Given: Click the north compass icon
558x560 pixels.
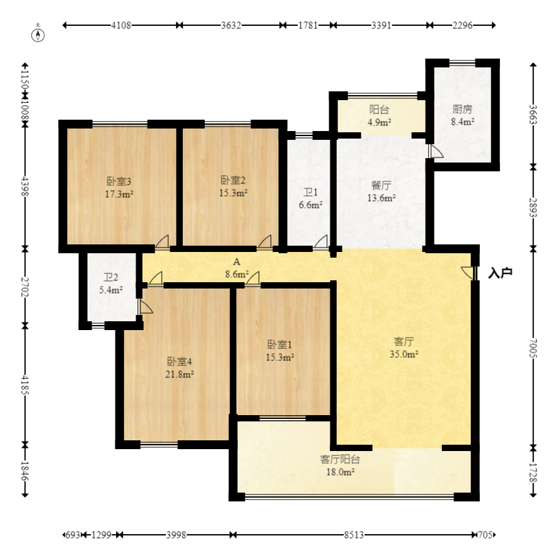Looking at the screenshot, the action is pyautogui.click(x=38, y=35).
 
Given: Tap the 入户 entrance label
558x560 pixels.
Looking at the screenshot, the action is pyautogui.click(x=500, y=273).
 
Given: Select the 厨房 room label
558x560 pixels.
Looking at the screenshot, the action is pyautogui.click(x=462, y=109).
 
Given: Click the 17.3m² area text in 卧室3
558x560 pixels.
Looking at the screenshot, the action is pyautogui.click(x=119, y=194).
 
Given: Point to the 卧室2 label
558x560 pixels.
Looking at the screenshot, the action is pyautogui.click(x=233, y=180).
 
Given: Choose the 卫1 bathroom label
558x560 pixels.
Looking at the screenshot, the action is pyautogui.click(x=310, y=193).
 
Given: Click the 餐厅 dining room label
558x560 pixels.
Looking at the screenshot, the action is pyautogui.click(x=381, y=185).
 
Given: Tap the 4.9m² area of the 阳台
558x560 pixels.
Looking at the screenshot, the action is pyautogui.click(x=380, y=122).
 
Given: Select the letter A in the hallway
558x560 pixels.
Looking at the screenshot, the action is pyautogui.click(x=236, y=262).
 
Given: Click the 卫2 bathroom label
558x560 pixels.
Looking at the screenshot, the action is pyautogui.click(x=111, y=278).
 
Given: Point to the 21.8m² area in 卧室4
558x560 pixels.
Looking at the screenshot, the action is pyautogui.click(x=180, y=374).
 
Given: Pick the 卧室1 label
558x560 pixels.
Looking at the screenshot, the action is pyautogui.click(x=279, y=345).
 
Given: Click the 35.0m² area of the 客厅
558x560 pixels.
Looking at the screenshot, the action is pyautogui.click(x=404, y=354).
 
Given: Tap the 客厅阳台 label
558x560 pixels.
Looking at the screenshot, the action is pyautogui.click(x=340, y=459).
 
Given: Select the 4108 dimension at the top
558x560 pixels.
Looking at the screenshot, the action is pyautogui.click(x=121, y=25).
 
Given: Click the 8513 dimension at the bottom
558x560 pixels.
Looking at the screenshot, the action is pyautogui.click(x=354, y=535).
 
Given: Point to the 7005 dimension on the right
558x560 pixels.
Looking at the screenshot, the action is pyautogui.click(x=533, y=348).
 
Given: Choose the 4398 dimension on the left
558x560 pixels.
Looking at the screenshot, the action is pyautogui.click(x=25, y=186).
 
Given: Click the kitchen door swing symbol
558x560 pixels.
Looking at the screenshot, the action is pyautogui.click(x=436, y=151).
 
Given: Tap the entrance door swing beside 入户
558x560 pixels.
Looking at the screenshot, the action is pyautogui.click(x=468, y=273).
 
